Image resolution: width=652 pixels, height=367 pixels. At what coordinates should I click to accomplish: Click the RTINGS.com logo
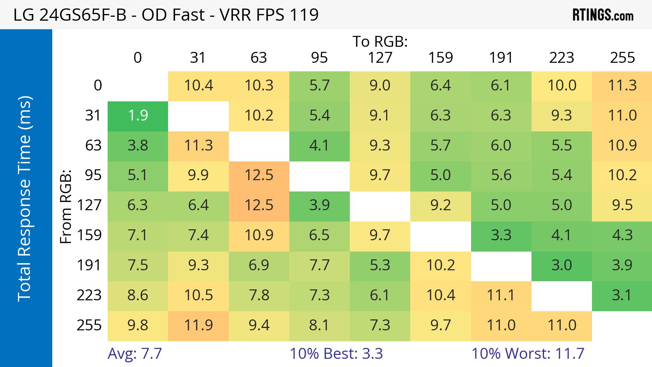(602, 15)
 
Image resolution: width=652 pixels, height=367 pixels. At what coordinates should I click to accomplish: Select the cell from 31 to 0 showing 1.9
(138, 116)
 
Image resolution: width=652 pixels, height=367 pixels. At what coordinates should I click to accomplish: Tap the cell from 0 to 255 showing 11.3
(622, 86)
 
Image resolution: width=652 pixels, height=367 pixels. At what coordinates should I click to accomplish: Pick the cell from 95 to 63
(259, 176)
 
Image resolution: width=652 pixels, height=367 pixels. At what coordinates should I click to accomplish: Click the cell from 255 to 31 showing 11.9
(198, 326)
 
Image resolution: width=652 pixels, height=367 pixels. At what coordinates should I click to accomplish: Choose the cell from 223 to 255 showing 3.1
(622, 296)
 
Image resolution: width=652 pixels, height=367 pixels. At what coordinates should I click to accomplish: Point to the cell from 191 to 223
(562, 266)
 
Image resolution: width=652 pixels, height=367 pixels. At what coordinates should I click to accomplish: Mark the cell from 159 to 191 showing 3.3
(501, 236)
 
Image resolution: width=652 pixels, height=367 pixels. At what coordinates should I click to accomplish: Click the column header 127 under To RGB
(380, 58)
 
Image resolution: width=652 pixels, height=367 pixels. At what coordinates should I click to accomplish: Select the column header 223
(562, 58)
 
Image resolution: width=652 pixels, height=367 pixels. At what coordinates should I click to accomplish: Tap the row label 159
(89, 236)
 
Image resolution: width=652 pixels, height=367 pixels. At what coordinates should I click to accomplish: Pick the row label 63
(93, 146)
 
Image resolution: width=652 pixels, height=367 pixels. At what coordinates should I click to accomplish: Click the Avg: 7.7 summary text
(135, 354)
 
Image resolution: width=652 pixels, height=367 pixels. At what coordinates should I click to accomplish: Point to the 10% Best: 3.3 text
(336, 354)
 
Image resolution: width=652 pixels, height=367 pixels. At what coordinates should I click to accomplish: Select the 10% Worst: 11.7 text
(528, 354)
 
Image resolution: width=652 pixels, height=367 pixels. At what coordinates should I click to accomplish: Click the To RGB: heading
(380, 42)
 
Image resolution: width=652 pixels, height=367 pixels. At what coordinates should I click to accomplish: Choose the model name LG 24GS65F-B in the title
(70, 15)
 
